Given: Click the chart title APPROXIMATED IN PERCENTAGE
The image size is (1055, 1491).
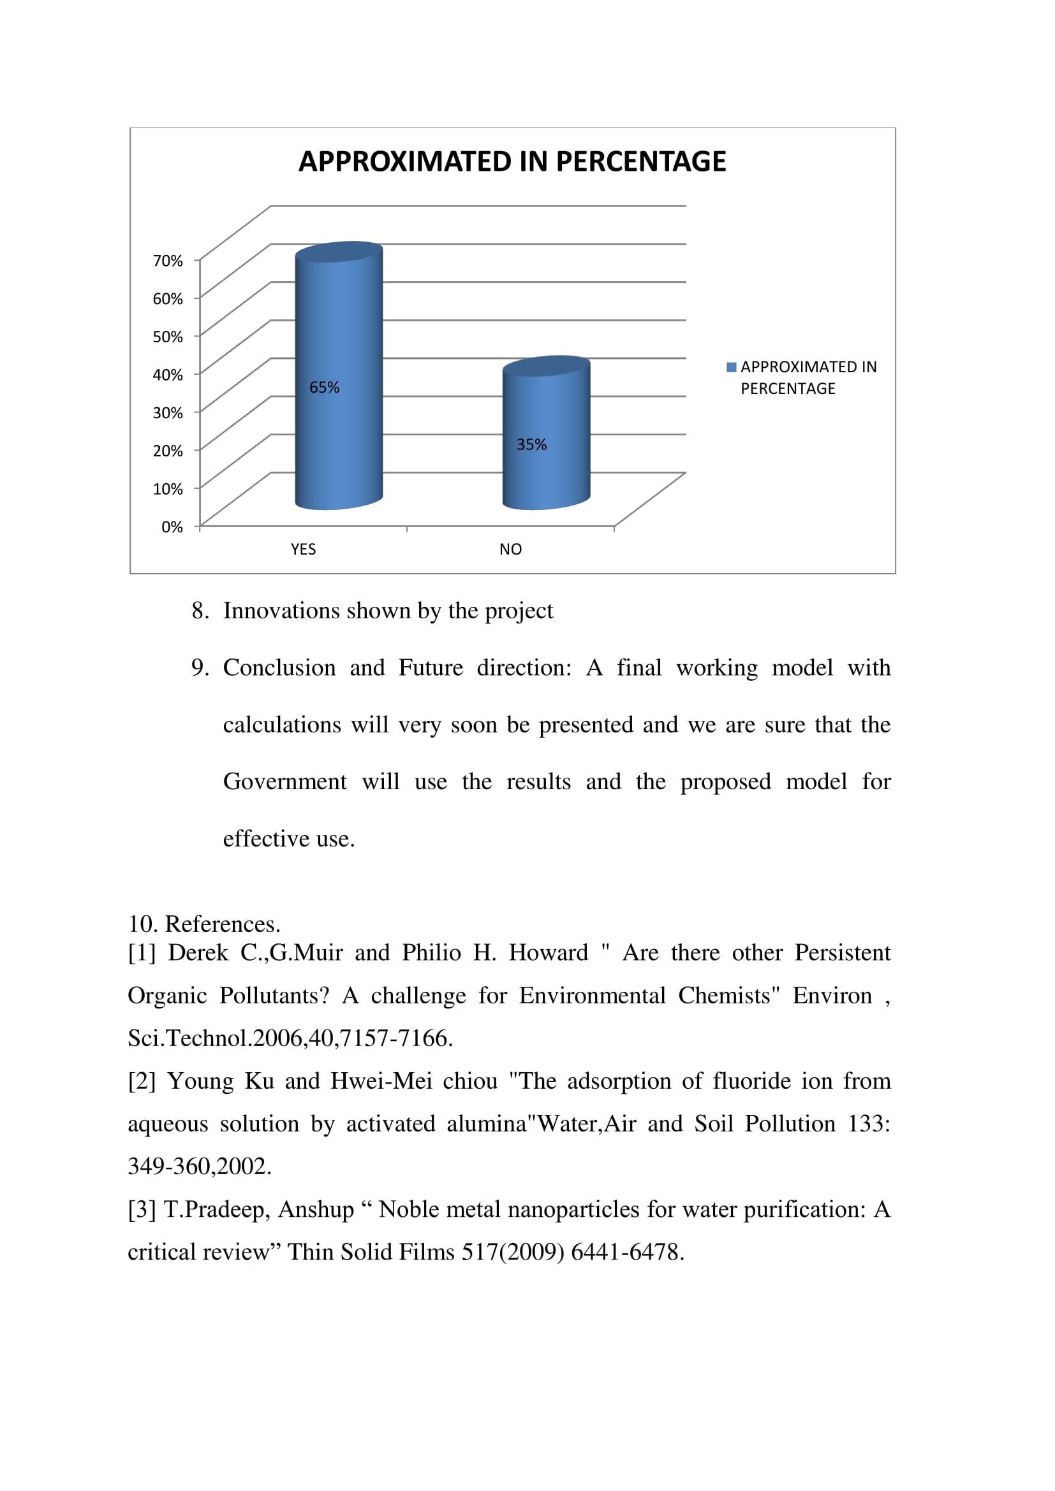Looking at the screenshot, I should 512,162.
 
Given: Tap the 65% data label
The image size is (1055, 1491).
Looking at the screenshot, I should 324,388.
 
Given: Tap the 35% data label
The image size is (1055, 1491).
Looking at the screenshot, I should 531,445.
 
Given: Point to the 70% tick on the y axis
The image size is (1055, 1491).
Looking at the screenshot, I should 168,261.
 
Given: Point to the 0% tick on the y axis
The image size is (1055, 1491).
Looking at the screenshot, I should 172,527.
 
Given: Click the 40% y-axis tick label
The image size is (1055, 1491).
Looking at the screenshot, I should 168,375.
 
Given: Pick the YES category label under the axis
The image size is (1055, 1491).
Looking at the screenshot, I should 304,549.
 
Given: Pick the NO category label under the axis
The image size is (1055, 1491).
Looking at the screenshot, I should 511,549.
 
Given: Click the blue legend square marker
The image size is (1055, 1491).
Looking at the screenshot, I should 731,368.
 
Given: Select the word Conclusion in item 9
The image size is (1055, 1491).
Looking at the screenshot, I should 279,668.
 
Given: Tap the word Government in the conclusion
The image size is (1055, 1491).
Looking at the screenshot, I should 284,782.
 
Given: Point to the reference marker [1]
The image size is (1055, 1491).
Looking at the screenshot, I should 142,953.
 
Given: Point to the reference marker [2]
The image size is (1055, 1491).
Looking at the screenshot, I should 142,1082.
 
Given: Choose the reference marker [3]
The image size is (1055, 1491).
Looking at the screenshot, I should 142,1210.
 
